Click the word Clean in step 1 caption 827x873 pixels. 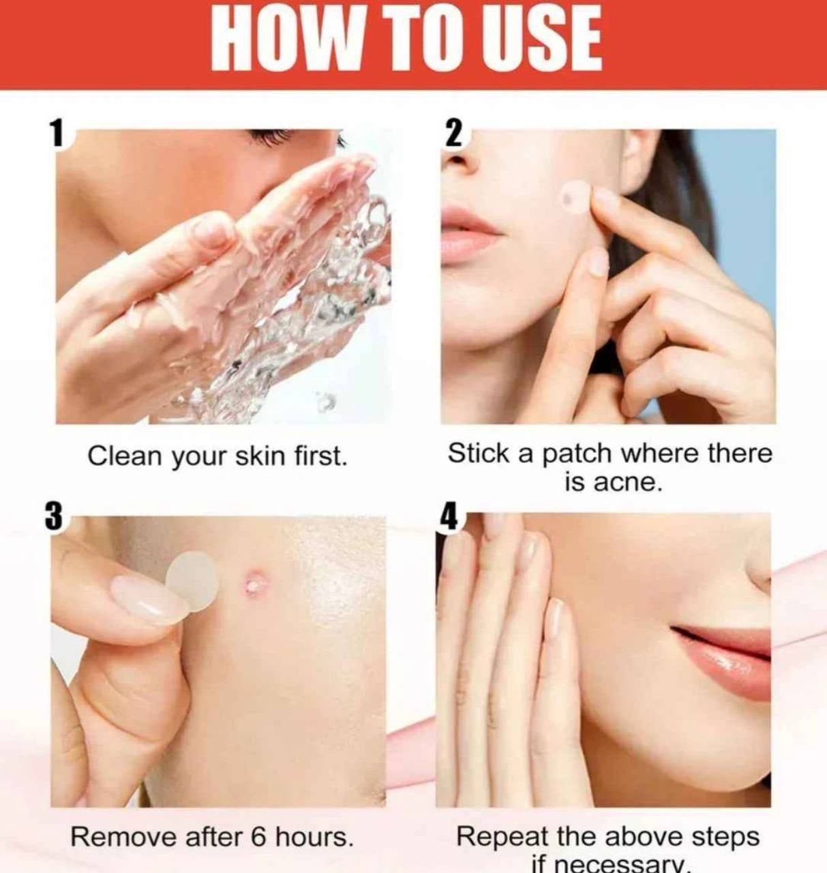[x=125, y=456]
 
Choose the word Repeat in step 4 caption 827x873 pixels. [x=502, y=836]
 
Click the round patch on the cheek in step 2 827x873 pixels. [x=575, y=197]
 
